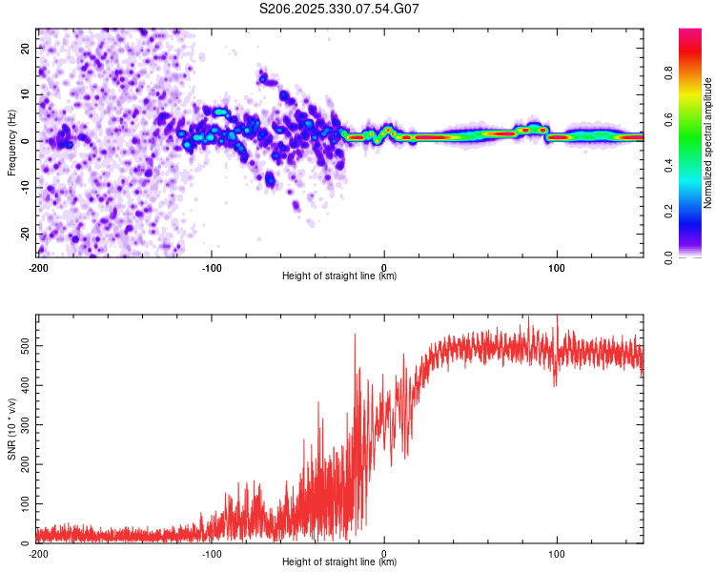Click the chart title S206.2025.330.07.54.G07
340,9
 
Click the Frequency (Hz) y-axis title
11,141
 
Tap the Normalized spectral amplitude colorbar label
708,143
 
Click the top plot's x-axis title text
339,276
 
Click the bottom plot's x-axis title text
339,562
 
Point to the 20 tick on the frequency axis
25,48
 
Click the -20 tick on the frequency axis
23,234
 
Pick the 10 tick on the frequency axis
25,94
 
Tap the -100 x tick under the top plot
211,266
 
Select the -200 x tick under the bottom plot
38,552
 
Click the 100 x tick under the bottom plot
556,552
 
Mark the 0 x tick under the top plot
384,266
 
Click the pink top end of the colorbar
690,32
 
